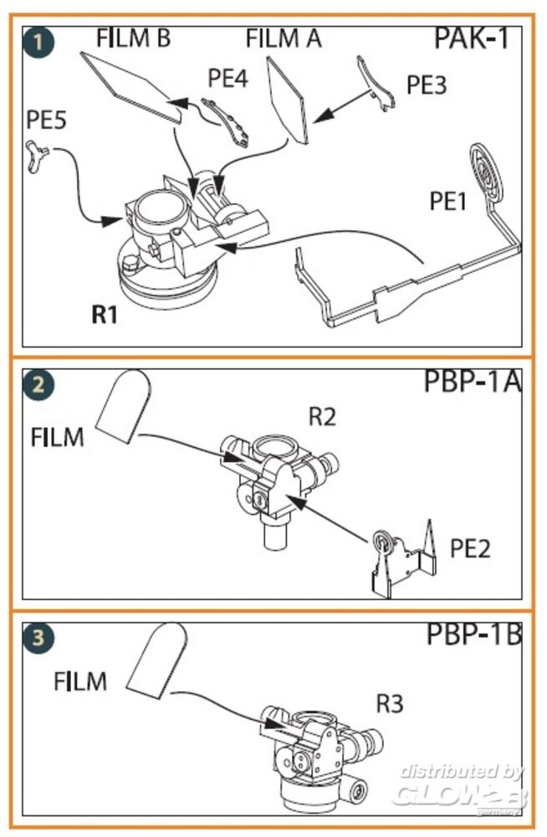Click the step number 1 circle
click(x=37, y=42)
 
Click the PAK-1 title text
click(x=471, y=39)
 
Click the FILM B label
click(x=134, y=38)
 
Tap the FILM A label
click(x=284, y=39)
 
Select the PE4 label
click(x=227, y=79)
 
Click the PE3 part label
click(x=427, y=85)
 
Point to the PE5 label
click(x=47, y=120)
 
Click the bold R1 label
click(x=105, y=315)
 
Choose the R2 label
click(x=322, y=416)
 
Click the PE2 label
click(x=470, y=549)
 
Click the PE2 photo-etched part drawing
click(x=401, y=559)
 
